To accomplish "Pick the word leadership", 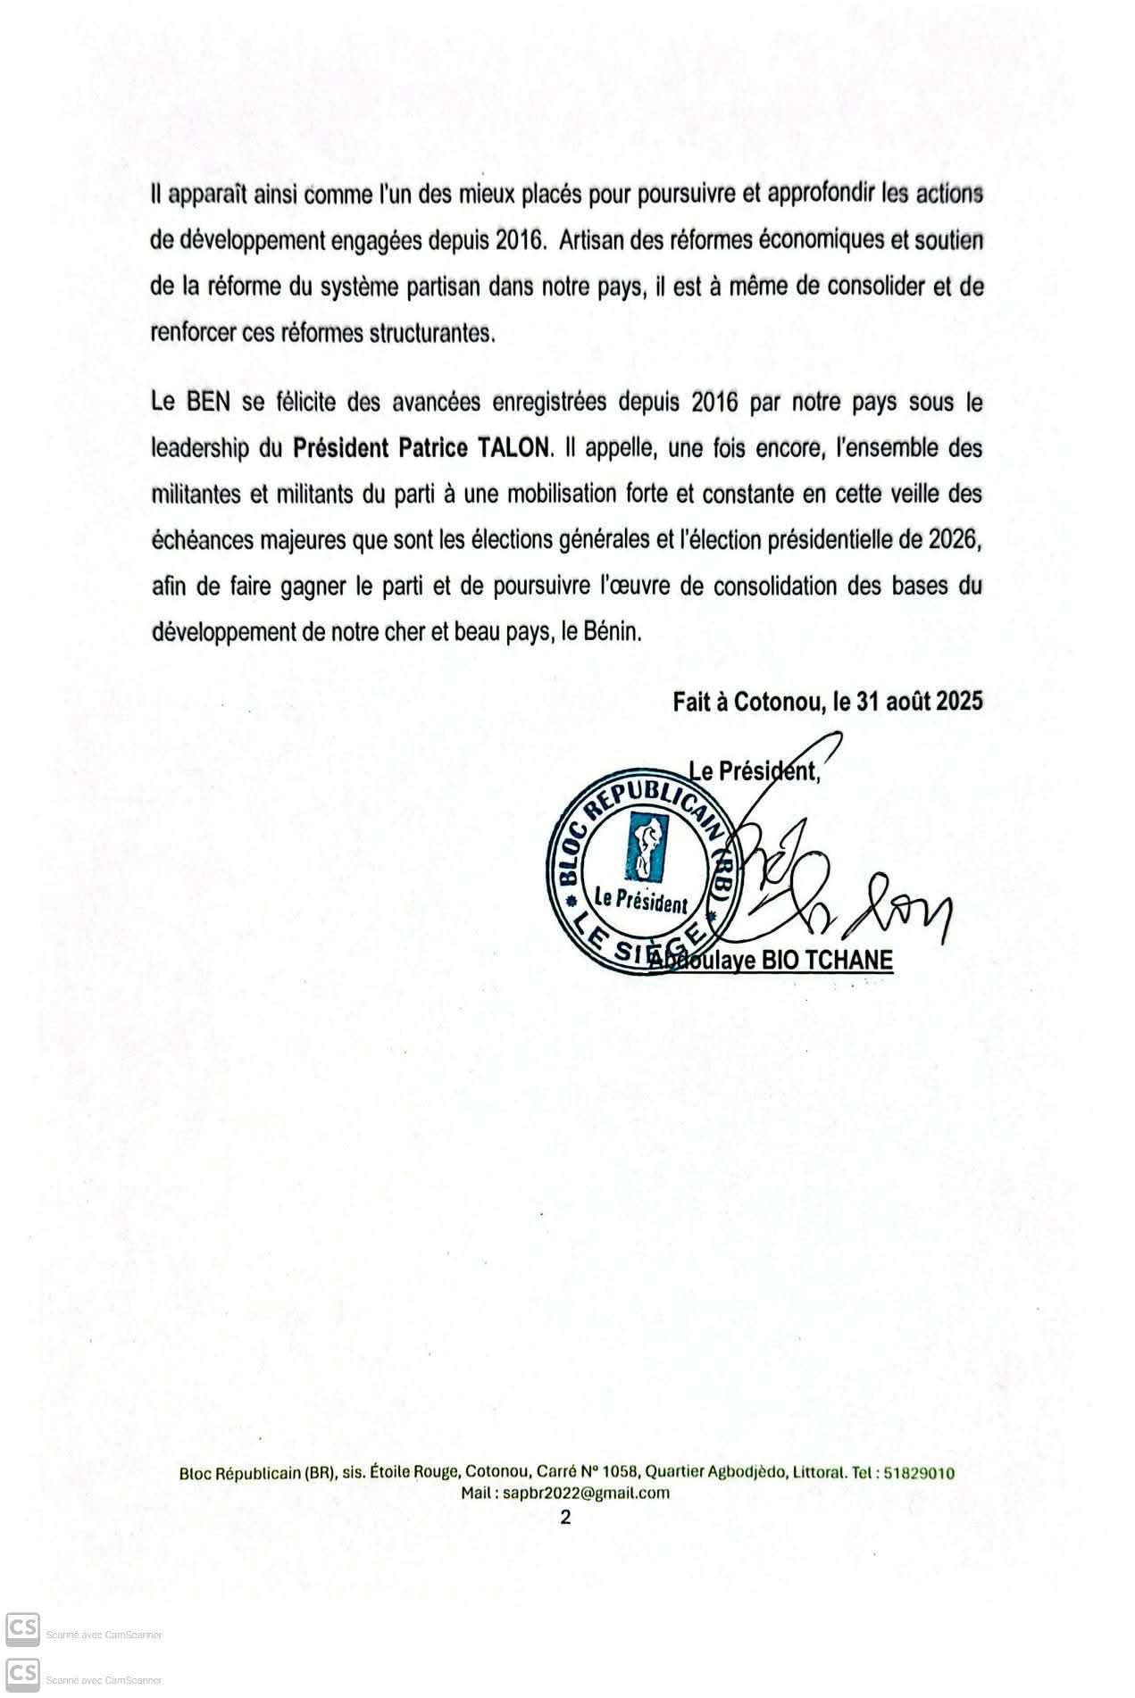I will pyautogui.click(x=200, y=448).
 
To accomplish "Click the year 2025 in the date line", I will pyautogui.click(x=959, y=701).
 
